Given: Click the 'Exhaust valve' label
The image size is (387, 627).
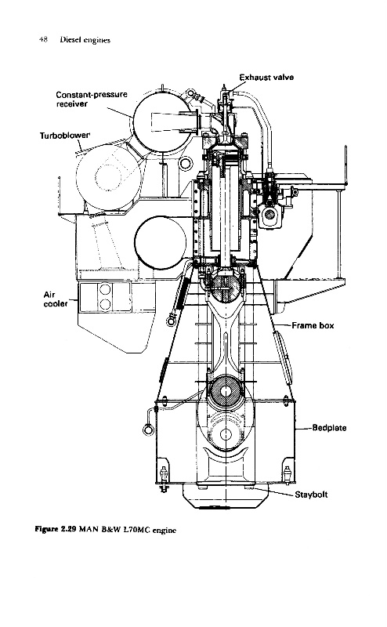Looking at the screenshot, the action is tap(266, 77).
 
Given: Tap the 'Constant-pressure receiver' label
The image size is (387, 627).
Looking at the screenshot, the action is tap(92, 100).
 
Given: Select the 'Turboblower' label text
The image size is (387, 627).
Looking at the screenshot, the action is tap(65, 135).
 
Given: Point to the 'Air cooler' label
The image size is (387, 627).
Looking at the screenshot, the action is tap(55, 299).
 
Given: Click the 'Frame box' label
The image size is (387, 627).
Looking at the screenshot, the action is tap(313, 325).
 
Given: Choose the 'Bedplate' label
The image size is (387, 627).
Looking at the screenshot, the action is tap(329, 428).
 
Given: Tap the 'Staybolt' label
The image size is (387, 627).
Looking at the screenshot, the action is tap(311, 495).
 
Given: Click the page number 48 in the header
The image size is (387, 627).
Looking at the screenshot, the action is tap(44, 39).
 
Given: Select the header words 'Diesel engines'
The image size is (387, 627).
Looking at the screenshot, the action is tap(85, 40).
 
